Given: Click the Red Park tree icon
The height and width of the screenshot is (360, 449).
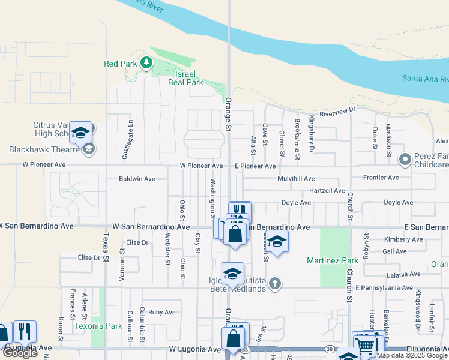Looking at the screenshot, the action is tap(146, 62).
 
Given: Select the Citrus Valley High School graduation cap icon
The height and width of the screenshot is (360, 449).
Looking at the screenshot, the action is tap(80, 133).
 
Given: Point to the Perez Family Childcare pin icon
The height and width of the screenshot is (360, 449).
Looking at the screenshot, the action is tap(405, 160).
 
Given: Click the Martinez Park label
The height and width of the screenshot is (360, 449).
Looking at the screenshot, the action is tap(333, 260).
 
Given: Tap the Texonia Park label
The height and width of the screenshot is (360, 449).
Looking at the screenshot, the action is tap(98, 326).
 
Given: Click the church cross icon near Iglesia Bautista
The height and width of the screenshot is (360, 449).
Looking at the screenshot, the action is tap(275, 283).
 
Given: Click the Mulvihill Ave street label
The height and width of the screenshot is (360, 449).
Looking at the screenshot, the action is tap(296, 179).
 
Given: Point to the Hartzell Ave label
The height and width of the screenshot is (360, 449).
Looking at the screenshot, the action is tap(327, 191).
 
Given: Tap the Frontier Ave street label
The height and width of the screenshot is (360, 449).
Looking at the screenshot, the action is tap(381, 178).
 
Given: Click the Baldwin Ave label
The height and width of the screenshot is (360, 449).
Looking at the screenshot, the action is tap(137, 179).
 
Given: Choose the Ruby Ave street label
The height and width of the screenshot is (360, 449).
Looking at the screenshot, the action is tap(162, 312).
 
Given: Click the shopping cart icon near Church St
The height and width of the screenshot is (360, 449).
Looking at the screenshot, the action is tap(366, 344).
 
